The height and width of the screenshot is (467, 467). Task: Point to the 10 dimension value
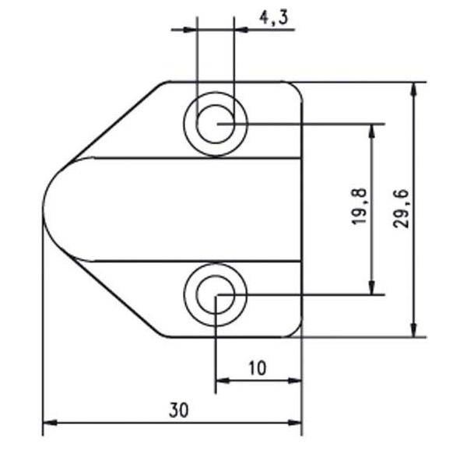click(x=258, y=367)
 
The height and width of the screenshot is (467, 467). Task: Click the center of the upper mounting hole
click(x=215, y=124)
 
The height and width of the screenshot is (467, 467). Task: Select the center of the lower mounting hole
click(x=215, y=295)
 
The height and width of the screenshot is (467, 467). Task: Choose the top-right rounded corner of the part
click(x=297, y=86)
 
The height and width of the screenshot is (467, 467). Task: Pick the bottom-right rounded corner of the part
click(x=297, y=332)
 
